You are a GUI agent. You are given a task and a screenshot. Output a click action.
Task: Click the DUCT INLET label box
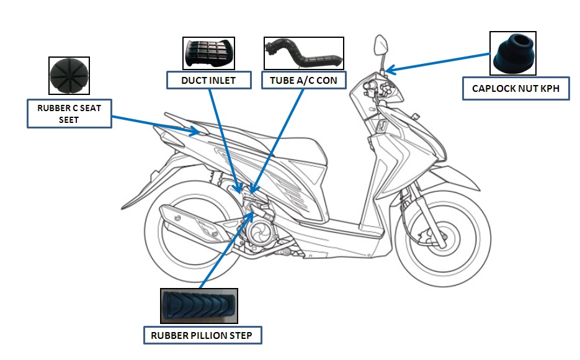click(x=209, y=80)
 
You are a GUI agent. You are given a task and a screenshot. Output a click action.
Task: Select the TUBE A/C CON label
click(x=303, y=81)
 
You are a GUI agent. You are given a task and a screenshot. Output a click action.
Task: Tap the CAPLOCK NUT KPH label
click(x=515, y=89)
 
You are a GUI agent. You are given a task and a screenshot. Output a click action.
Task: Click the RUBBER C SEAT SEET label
click(x=69, y=114)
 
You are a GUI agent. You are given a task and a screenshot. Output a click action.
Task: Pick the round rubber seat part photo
click(x=69, y=76)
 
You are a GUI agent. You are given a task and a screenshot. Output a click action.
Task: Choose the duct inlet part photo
click(x=208, y=53)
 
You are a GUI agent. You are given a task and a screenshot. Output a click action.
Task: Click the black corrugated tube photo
click(x=303, y=53)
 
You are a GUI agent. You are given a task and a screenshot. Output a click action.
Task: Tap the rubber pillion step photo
click(x=199, y=306)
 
